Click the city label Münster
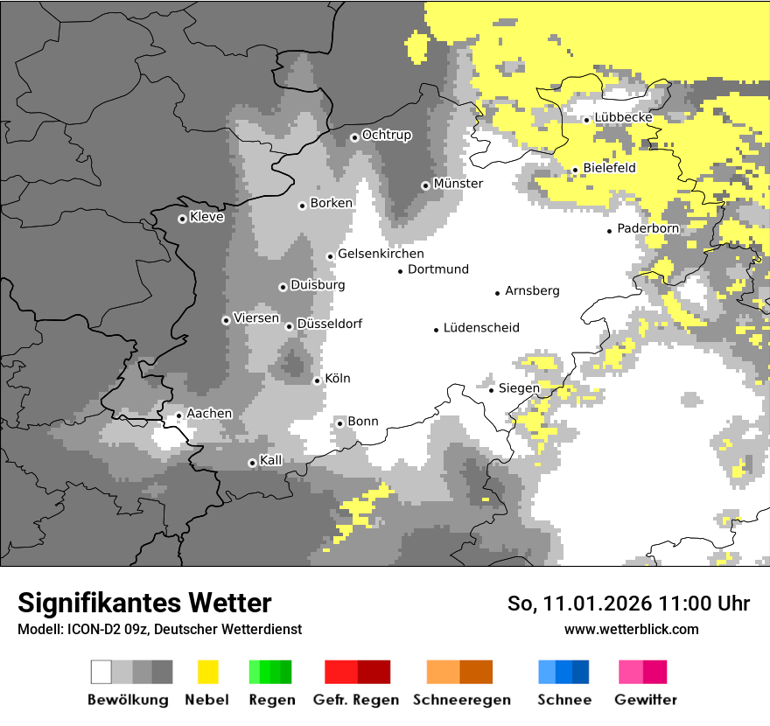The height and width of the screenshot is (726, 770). (458, 184)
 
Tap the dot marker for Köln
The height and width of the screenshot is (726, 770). (318, 380)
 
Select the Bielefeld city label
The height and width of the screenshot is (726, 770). (609, 168)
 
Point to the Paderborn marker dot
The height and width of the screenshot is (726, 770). (610, 231)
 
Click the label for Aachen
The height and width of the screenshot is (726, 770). (209, 414)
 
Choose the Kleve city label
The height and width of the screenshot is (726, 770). (206, 217)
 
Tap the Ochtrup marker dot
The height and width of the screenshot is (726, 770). (354, 136)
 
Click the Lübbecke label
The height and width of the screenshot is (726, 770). (623, 118)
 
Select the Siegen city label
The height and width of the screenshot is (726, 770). (519, 388)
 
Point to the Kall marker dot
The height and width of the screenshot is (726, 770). (252, 463)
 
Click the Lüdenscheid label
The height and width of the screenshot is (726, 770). (481, 328)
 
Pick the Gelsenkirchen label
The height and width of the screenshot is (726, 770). (381, 254)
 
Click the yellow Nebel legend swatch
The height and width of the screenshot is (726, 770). (208, 672)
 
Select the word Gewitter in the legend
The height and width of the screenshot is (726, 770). (646, 700)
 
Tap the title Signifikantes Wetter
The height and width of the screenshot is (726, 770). (144, 604)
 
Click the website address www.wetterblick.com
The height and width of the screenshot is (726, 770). (632, 630)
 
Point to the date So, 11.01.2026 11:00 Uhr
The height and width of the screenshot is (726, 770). (628, 604)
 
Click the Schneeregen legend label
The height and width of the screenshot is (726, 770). (462, 700)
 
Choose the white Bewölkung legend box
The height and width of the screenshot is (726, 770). (101, 672)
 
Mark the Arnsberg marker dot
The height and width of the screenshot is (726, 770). (497, 293)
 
